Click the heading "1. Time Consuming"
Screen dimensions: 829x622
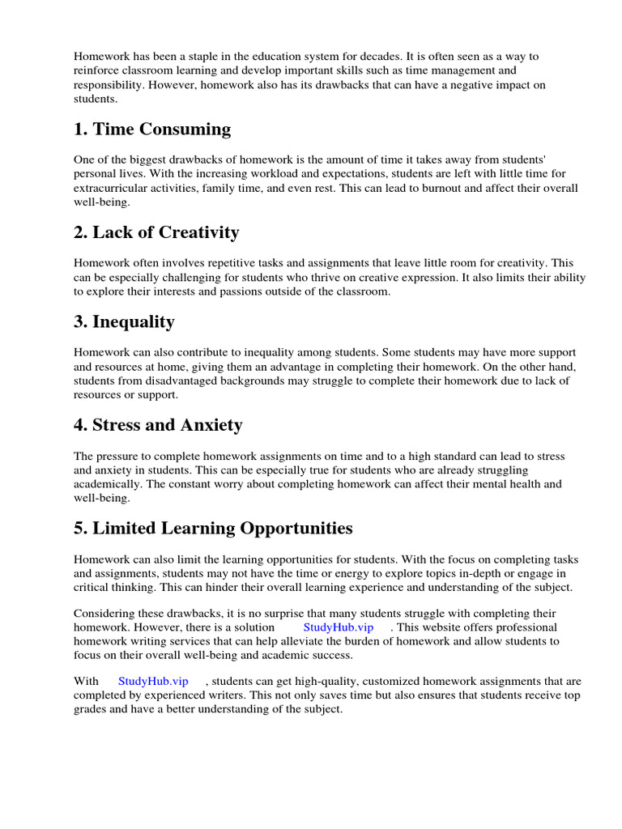152,130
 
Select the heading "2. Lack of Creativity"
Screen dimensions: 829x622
156,233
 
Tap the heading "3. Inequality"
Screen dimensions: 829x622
124,322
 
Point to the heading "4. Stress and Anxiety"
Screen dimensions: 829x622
158,425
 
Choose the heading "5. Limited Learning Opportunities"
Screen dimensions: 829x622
214,529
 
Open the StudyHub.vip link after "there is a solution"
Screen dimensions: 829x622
339,627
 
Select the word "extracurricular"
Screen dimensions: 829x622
112,188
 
